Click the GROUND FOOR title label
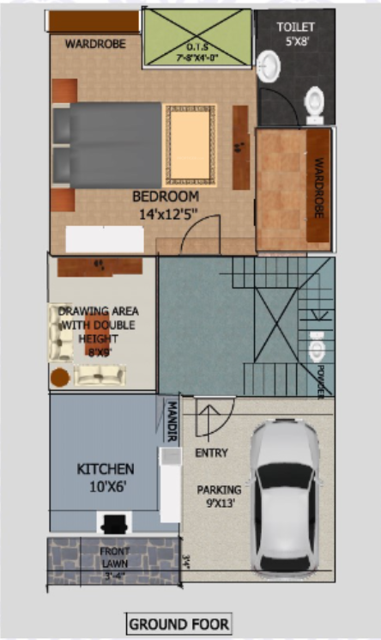[x=178, y=624]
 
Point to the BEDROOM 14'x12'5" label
[x=165, y=204]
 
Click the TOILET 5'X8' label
[x=294, y=33]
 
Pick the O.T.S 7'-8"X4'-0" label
[x=196, y=52]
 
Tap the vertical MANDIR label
[x=172, y=421]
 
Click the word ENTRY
[x=211, y=453]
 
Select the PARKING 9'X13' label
[x=219, y=497]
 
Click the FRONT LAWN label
[x=115, y=558]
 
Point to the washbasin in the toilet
[x=267, y=64]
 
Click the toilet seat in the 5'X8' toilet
[x=314, y=104]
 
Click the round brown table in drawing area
[x=59, y=376]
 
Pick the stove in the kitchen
[x=112, y=523]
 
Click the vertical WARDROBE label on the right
[x=318, y=186]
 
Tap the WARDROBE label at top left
[x=95, y=43]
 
